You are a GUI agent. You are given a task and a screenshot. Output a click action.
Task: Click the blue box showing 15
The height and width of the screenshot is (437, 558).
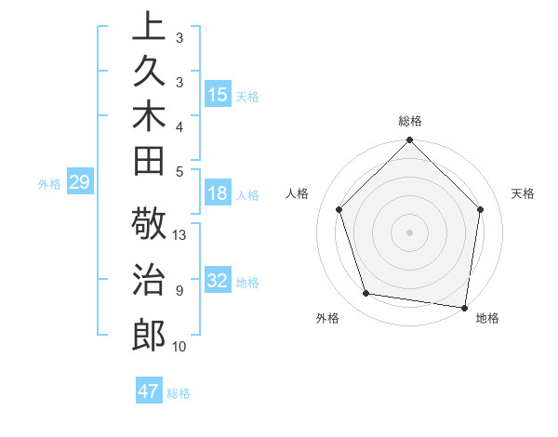(217, 95)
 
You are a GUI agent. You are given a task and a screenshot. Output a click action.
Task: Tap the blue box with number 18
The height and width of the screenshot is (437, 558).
(217, 193)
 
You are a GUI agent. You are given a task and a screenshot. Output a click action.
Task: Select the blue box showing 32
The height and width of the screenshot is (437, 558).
(217, 281)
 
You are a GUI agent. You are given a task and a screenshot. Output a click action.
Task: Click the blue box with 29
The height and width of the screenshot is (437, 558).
(79, 182)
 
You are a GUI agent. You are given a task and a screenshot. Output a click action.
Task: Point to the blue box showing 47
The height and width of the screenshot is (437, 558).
(148, 391)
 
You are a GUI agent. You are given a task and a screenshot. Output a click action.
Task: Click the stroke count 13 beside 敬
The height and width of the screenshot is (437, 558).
(179, 235)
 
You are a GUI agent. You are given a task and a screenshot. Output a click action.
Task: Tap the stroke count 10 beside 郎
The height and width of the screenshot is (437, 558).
(179, 347)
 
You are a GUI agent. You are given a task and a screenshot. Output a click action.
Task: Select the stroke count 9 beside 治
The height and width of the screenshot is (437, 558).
(179, 291)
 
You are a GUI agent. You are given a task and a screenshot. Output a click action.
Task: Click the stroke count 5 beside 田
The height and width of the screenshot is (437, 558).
(179, 171)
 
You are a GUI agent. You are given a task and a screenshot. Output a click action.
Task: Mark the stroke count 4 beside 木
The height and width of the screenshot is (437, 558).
(179, 126)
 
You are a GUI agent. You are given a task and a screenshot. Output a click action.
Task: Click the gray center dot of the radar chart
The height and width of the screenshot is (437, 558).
(409, 232)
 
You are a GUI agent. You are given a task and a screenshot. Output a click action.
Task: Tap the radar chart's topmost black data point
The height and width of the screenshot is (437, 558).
(409, 141)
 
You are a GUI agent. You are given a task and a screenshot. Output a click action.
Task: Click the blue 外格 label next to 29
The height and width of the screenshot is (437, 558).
(49, 184)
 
